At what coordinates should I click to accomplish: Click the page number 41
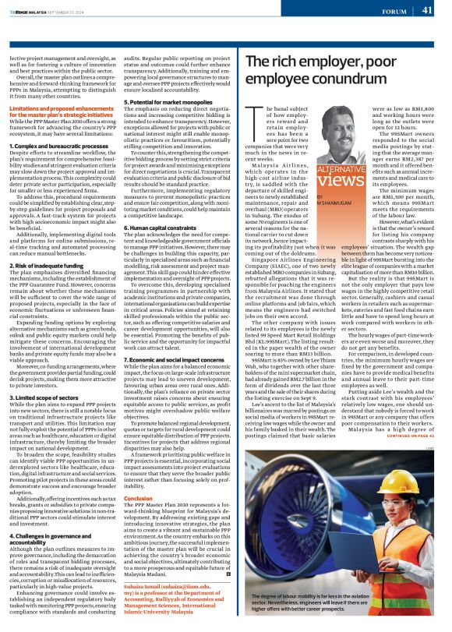pos(427,10)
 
